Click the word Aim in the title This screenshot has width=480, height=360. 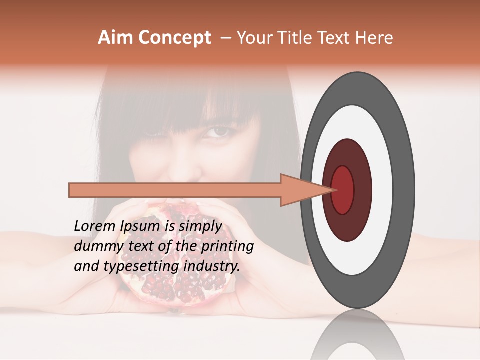(115, 38)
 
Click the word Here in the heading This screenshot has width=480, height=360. (374, 38)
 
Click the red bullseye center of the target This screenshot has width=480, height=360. (343, 190)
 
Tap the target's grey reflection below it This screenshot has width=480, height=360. (357, 337)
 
